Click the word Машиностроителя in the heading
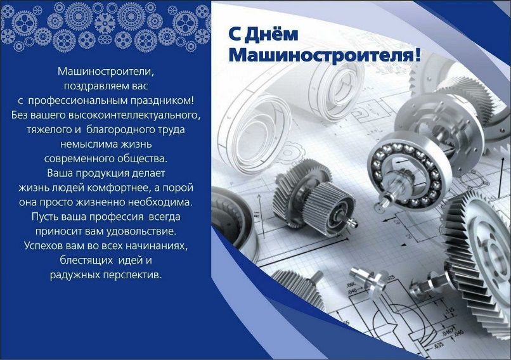pos(321,55)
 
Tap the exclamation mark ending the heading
pos(417,55)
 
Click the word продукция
pos(102,173)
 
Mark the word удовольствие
pos(141,231)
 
